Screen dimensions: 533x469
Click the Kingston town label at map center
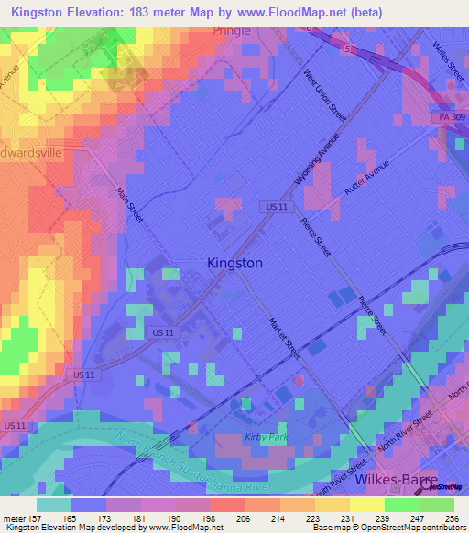235,263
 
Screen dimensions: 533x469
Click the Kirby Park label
266,437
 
